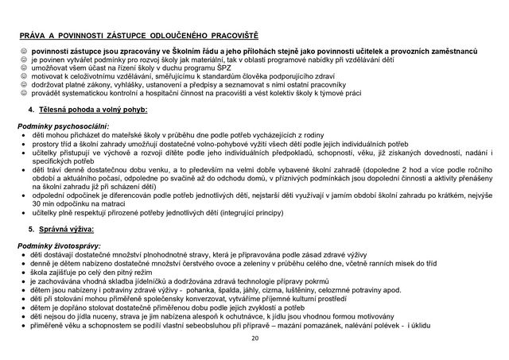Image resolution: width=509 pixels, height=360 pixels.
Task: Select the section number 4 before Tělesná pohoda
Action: click(x=30, y=109)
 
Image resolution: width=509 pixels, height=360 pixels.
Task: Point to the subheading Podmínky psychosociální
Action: click(x=64, y=126)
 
